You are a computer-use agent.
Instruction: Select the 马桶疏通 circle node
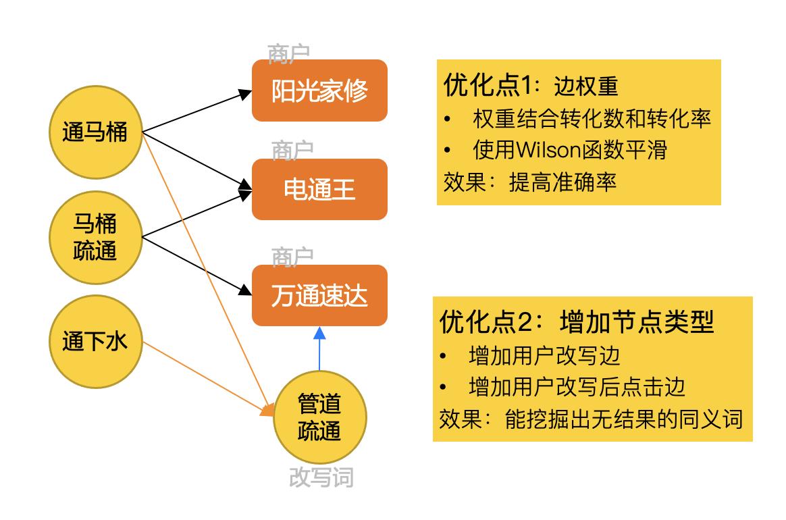coord(95,237)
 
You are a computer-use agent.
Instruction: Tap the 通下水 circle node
coord(95,342)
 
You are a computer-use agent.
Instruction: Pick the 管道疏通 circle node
coord(319,417)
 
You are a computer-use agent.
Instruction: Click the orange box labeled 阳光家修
coord(319,90)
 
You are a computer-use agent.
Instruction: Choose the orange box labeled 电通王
coord(319,190)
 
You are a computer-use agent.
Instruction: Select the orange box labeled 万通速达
coord(319,295)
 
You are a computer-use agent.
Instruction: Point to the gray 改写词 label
coord(321,477)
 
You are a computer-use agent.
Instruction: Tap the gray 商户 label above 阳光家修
coord(288,54)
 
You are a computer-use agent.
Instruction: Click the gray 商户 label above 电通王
coord(292,151)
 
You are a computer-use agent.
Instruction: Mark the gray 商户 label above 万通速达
coord(292,257)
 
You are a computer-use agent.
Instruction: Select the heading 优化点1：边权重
coord(531,86)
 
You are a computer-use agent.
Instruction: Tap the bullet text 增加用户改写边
coord(544,355)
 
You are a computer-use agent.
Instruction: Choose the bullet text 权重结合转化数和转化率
coord(592,120)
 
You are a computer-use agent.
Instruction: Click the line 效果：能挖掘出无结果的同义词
coord(591,419)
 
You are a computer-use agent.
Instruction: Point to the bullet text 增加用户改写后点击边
coord(577,386)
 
